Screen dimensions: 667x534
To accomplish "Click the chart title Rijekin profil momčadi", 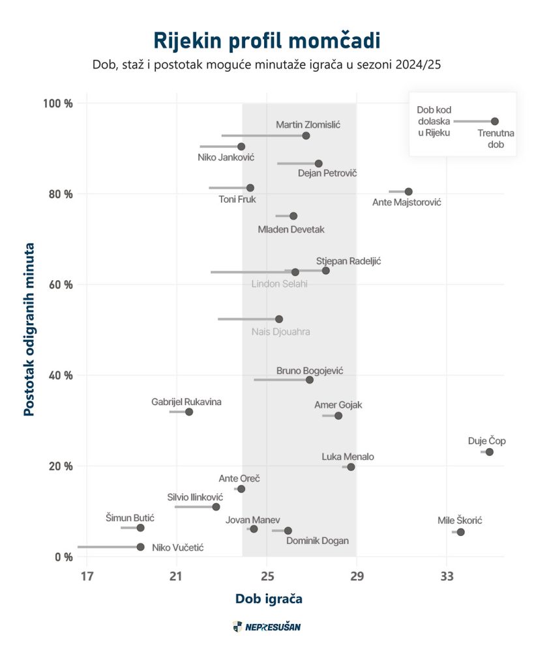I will [x=267, y=40].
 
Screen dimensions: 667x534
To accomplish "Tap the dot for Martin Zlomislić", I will [x=306, y=135].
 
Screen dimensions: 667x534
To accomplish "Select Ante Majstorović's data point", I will [x=408, y=192].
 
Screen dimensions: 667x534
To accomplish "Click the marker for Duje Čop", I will [x=490, y=452].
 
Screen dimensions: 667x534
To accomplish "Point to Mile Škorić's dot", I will [x=460, y=532].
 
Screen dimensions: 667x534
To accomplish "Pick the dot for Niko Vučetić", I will [x=140, y=547].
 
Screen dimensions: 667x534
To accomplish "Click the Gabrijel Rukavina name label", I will [x=186, y=402].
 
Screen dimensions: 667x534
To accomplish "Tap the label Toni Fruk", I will [x=237, y=199].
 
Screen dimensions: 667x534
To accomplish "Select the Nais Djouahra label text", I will [x=281, y=332].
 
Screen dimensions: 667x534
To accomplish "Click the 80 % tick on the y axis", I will [x=59, y=194].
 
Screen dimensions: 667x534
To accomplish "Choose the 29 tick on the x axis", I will [x=356, y=576].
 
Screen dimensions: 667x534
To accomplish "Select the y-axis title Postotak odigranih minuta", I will [x=29, y=330].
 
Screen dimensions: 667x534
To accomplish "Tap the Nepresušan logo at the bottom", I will [x=267, y=627].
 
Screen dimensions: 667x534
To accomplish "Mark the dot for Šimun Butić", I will [x=140, y=528].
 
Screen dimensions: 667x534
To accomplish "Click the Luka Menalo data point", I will [x=351, y=467].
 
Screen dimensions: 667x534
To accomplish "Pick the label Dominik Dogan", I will [x=318, y=541].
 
